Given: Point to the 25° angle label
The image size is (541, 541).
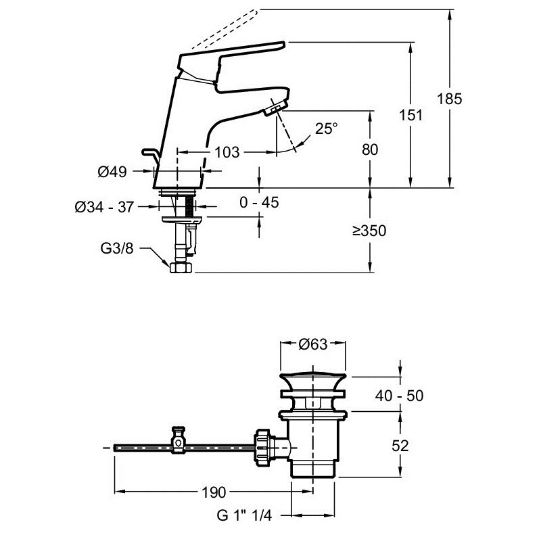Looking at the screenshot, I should (x=326, y=128).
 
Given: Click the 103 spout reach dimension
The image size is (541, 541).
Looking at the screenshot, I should (x=227, y=152).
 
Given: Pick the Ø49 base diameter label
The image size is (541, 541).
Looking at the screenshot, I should (x=112, y=172).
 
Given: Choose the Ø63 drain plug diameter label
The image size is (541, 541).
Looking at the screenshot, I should (x=313, y=344).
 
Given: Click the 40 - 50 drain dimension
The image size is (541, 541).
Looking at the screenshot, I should (x=400, y=396).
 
